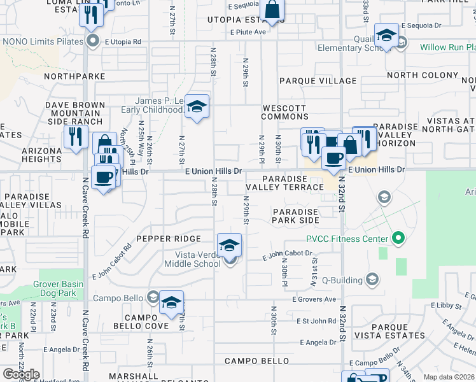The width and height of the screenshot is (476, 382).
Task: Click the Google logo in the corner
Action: [21, 374]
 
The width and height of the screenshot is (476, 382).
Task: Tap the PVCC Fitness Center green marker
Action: [399, 239]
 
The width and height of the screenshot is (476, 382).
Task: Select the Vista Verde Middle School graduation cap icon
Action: [230, 245]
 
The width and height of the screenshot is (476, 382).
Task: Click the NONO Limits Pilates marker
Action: [94, 41]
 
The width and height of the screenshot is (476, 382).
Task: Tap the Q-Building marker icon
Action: [372, 279]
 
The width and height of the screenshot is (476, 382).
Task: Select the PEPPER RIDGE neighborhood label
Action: [169, 239]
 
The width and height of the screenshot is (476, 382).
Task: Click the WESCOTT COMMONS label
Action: [284, 113]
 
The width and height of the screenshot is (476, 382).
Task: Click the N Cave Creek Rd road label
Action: [85, 204]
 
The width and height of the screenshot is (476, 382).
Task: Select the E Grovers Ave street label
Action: [314, 299]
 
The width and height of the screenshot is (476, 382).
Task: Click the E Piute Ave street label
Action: [248, 32]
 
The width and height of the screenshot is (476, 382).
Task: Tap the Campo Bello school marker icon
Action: [153, 297]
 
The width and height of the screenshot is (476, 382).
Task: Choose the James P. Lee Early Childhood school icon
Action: [197, 108]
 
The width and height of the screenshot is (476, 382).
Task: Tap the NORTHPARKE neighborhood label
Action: [74, 76]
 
